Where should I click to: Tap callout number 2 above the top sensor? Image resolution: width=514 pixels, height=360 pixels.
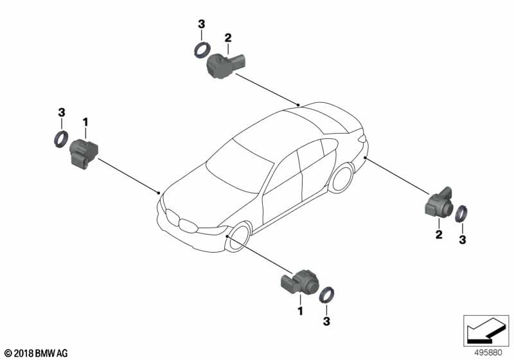click(227, 37)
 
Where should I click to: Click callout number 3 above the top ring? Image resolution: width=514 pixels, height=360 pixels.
click(201, 24)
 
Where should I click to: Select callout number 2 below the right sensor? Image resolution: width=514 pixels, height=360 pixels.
click(439, 235)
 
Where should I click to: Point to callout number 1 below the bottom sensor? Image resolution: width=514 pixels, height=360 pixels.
click(299, 310)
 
